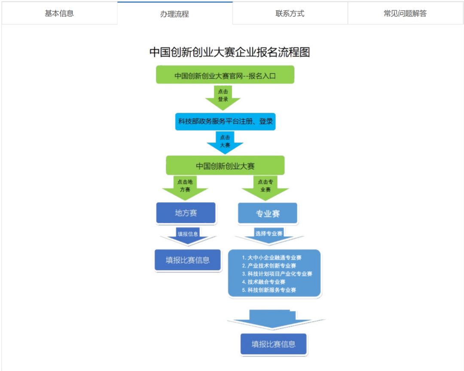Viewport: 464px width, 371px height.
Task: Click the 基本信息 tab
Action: click(59, 13)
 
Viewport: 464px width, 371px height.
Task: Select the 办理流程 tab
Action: click(174, 14)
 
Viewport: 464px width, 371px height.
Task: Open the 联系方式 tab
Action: click(290, 13)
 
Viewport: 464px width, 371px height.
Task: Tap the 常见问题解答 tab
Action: click(405, 13)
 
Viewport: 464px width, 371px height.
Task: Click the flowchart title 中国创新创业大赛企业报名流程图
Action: click(229, 52)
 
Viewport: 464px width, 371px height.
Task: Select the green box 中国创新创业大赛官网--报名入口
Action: click(225, 75)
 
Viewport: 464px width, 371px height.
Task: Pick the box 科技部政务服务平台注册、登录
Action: click(226, 121)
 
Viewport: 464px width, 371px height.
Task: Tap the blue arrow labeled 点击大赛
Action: click(225, 142)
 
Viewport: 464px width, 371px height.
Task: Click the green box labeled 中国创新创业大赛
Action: click(225, 166)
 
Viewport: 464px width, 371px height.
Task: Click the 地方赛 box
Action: click(186, 213)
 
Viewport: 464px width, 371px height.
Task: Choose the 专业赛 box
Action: click(268, 213)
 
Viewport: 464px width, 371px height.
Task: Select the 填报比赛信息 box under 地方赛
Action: click(188, 260)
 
